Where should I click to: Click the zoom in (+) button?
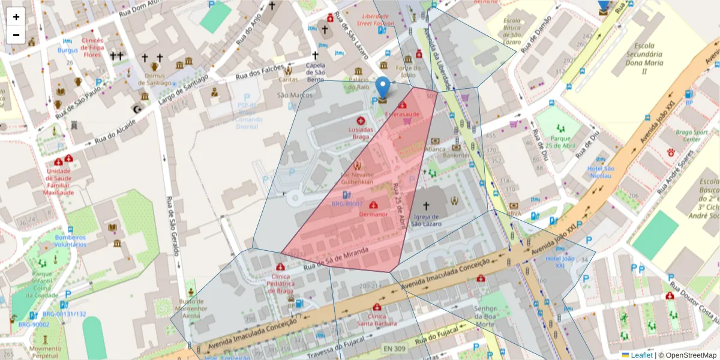click(16, 17)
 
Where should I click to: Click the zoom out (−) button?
click(16, 35)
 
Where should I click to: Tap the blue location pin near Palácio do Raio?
click(383, 88)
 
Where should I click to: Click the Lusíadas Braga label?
click(361, 133)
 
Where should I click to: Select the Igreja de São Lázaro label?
click(427, 220)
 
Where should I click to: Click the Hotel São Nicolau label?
click(601, 172)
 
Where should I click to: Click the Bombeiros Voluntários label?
click(70, 240)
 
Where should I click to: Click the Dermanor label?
click(373, 214)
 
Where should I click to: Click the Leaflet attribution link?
click(641, 355)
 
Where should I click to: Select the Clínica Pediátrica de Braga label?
click(280, 284)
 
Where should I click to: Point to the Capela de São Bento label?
click(316, 73)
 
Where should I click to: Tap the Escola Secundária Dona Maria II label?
click(644, 58)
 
